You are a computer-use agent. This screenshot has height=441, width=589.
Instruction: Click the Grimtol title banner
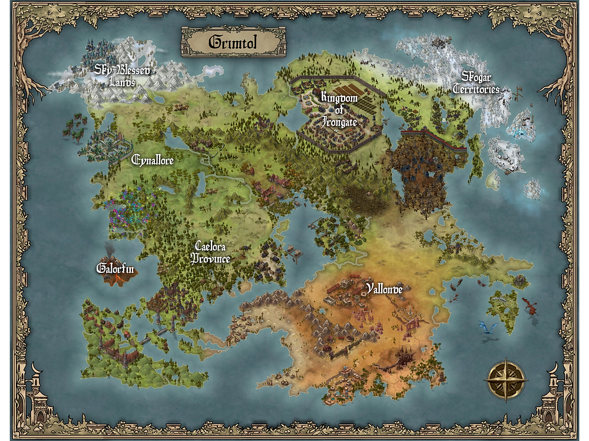point(233,42)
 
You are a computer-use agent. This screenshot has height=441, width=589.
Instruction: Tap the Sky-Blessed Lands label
point(123,76)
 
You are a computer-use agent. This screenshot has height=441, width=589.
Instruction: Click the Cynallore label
point(153,159)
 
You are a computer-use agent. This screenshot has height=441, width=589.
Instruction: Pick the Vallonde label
point(383,289)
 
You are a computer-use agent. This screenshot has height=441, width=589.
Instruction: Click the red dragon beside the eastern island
point(529,305)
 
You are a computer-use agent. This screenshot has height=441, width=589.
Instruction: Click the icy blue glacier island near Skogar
point(522,126)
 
